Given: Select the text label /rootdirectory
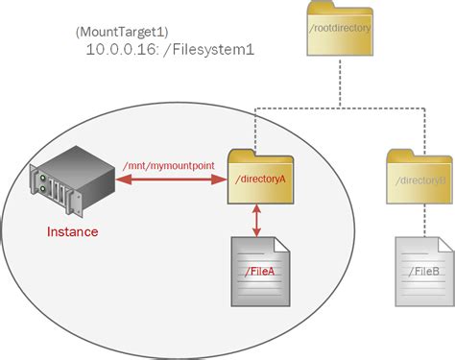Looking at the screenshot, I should (x=340, y=41).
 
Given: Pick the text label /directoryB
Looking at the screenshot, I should (x=420, y=179).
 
